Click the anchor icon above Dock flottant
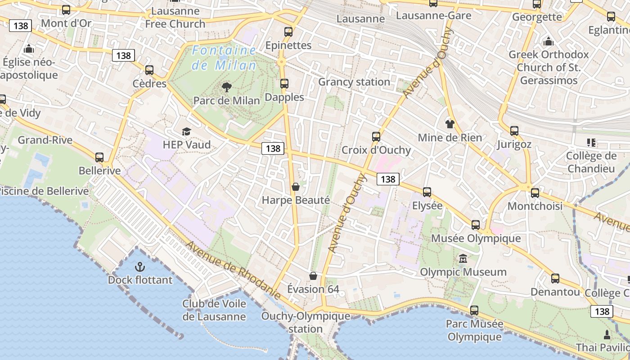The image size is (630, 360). click(x=139, y=267)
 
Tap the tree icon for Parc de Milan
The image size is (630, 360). click(x=227, y=87)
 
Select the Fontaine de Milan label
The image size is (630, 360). click(x=224, y=58)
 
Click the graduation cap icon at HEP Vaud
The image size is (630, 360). click(x=186, y=131)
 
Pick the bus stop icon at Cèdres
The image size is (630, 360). click(x=149, y=70)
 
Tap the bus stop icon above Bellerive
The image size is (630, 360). click(x=99, y=157)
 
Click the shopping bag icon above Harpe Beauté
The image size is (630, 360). click(x=296, y=186)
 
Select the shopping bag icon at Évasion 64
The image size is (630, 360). click(x=313, y=275)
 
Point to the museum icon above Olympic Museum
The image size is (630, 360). click(x=463, y=259)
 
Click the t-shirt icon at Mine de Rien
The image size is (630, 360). click(x=450, y=124)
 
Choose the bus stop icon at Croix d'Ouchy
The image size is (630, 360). click(x=376, y=137)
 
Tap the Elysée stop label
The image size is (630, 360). click(x=427, y=206)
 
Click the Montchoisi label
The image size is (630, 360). click(x=535, y=206)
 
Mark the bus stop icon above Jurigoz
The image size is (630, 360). click(x=514, y=131)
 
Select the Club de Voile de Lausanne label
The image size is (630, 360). click(x=214, y=310)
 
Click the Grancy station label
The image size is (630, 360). click(x=354, y=82)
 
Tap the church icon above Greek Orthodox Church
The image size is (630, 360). click(x=549, y=42)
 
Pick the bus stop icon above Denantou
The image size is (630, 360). click(x=555, y=279)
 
